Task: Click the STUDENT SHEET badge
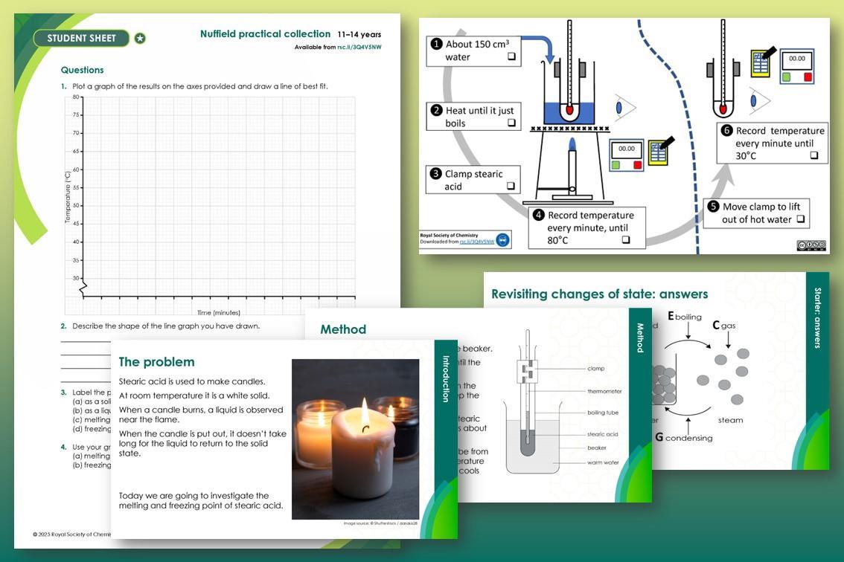point(82,38)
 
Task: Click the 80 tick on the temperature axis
point(77,97)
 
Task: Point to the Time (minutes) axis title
point(218,312)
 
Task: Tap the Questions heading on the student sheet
point(82,70)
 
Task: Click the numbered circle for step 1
point(436,44)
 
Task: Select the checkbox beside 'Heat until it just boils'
point(511,123)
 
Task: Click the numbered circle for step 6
point(726,131)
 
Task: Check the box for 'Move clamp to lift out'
point(800,219)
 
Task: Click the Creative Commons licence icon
point(811,245)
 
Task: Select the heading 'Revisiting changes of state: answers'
point(599,294)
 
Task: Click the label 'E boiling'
point(685,317)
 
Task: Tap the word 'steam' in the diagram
point(730,420)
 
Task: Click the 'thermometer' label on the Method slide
point(604,391)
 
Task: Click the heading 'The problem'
point(156,362)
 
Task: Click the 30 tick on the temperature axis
point(77,278)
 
